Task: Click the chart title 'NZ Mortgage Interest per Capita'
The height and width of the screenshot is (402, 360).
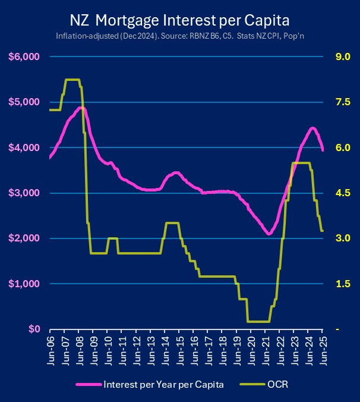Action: pyautogui.click(x=179, y=21)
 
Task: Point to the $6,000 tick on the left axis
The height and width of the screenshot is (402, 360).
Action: pyautogui.click(x=23, y=57)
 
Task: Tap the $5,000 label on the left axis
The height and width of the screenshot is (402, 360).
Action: pyautogui.click(x=23, y=102)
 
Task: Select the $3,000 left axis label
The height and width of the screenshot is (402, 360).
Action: pyautogui.click(x=23, y=193)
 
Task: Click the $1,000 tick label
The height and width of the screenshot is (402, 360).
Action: pyautogui.click(x=23, y=284)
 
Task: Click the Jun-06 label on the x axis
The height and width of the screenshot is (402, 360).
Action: pyautogui.click(x=50, y=348)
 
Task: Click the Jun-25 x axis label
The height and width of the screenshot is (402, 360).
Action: pyautogui.click(x=323, y=348)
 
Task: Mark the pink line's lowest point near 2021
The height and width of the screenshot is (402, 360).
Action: pyautogui.click(x=269, y=234)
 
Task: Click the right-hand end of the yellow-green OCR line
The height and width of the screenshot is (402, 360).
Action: pyautogui.click(x=323, y=231)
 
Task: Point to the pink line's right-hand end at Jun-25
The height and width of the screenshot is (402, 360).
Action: pyautogui.click(x=323, y=150)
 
